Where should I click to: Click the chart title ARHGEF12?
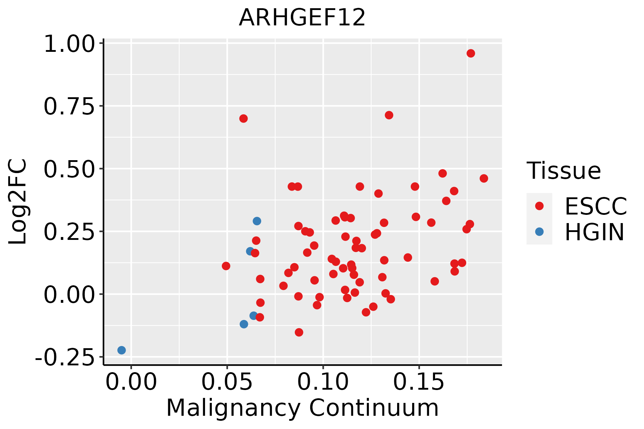[x=302, y=18]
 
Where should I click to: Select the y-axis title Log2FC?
[x=18, y=202]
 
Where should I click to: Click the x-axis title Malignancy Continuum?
[x=302, y=408]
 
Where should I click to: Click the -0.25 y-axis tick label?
[x=67, y=357]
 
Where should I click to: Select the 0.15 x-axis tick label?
[x=419, y=382]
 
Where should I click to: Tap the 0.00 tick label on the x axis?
[x=131, y=382]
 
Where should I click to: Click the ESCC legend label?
[x=596, y=206]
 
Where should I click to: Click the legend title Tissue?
[x=564, y=171]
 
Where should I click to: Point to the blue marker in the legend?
[x=539, y=232]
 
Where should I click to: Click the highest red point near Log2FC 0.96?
[x=471, y=53]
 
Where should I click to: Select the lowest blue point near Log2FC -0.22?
[x=122, y=350]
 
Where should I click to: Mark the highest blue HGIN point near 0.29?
[x=257, y=221]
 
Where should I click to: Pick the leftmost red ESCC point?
[x=226, y=266]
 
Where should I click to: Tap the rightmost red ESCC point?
[x=484, y=178]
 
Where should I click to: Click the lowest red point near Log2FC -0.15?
[x=299, y=332]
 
